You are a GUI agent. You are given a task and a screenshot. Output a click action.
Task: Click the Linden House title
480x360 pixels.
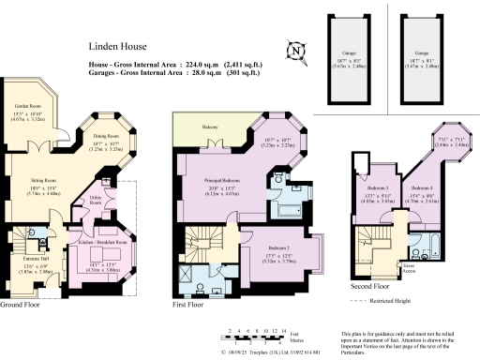(115, 44)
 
